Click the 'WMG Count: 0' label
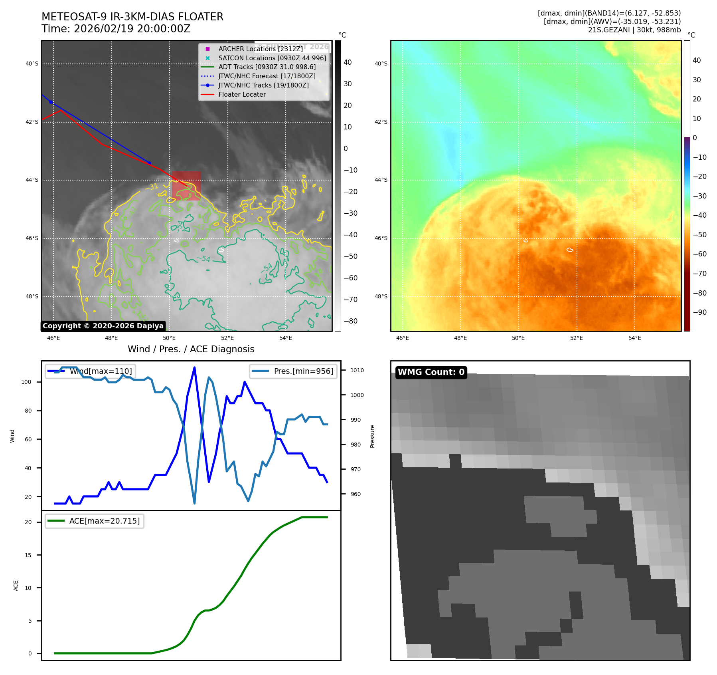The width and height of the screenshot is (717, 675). (x=431, y=372)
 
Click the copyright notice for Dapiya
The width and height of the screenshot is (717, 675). (x=103, y=326)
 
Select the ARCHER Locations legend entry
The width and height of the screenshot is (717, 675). (x=260, y=49)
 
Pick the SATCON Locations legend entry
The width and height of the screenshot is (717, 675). (x=272, y=58)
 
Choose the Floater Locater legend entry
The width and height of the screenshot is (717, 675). (x=242, y=94)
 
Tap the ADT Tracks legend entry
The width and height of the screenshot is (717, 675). (x=267, y=67)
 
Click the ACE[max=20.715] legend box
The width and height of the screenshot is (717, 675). (x=95, y=521)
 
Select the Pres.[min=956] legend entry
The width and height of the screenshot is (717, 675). (x=293, y=371)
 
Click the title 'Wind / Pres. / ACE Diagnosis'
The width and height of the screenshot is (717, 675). (x=191, y=349)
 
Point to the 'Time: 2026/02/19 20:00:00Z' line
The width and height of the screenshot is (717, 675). (x=116, y=29)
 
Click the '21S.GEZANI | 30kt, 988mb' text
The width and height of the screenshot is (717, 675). (x=634, y=30)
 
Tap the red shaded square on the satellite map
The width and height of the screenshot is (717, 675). (x=186, y=186)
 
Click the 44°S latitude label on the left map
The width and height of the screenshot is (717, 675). (x=32, y=180)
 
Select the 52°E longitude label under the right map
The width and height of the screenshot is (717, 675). (x=576, y=338)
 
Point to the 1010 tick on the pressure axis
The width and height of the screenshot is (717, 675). (x=357, y=370)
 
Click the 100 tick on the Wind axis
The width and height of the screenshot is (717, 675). (x=26, y=382)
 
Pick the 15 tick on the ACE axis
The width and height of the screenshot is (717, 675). (x=28, y=555)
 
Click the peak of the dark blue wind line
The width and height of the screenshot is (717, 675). (x=194, y=367)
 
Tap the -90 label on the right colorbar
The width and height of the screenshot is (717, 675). (x=699, y=312)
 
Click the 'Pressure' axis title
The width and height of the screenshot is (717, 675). (x=372, y=436)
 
